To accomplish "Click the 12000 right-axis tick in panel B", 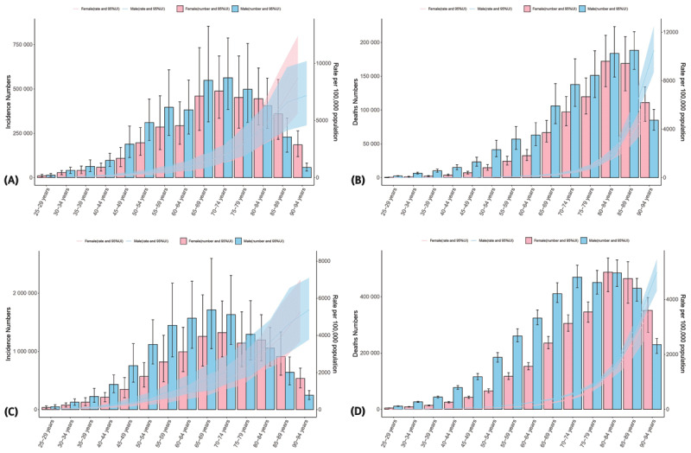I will [662, 32].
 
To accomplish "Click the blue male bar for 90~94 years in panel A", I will [307, 172].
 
